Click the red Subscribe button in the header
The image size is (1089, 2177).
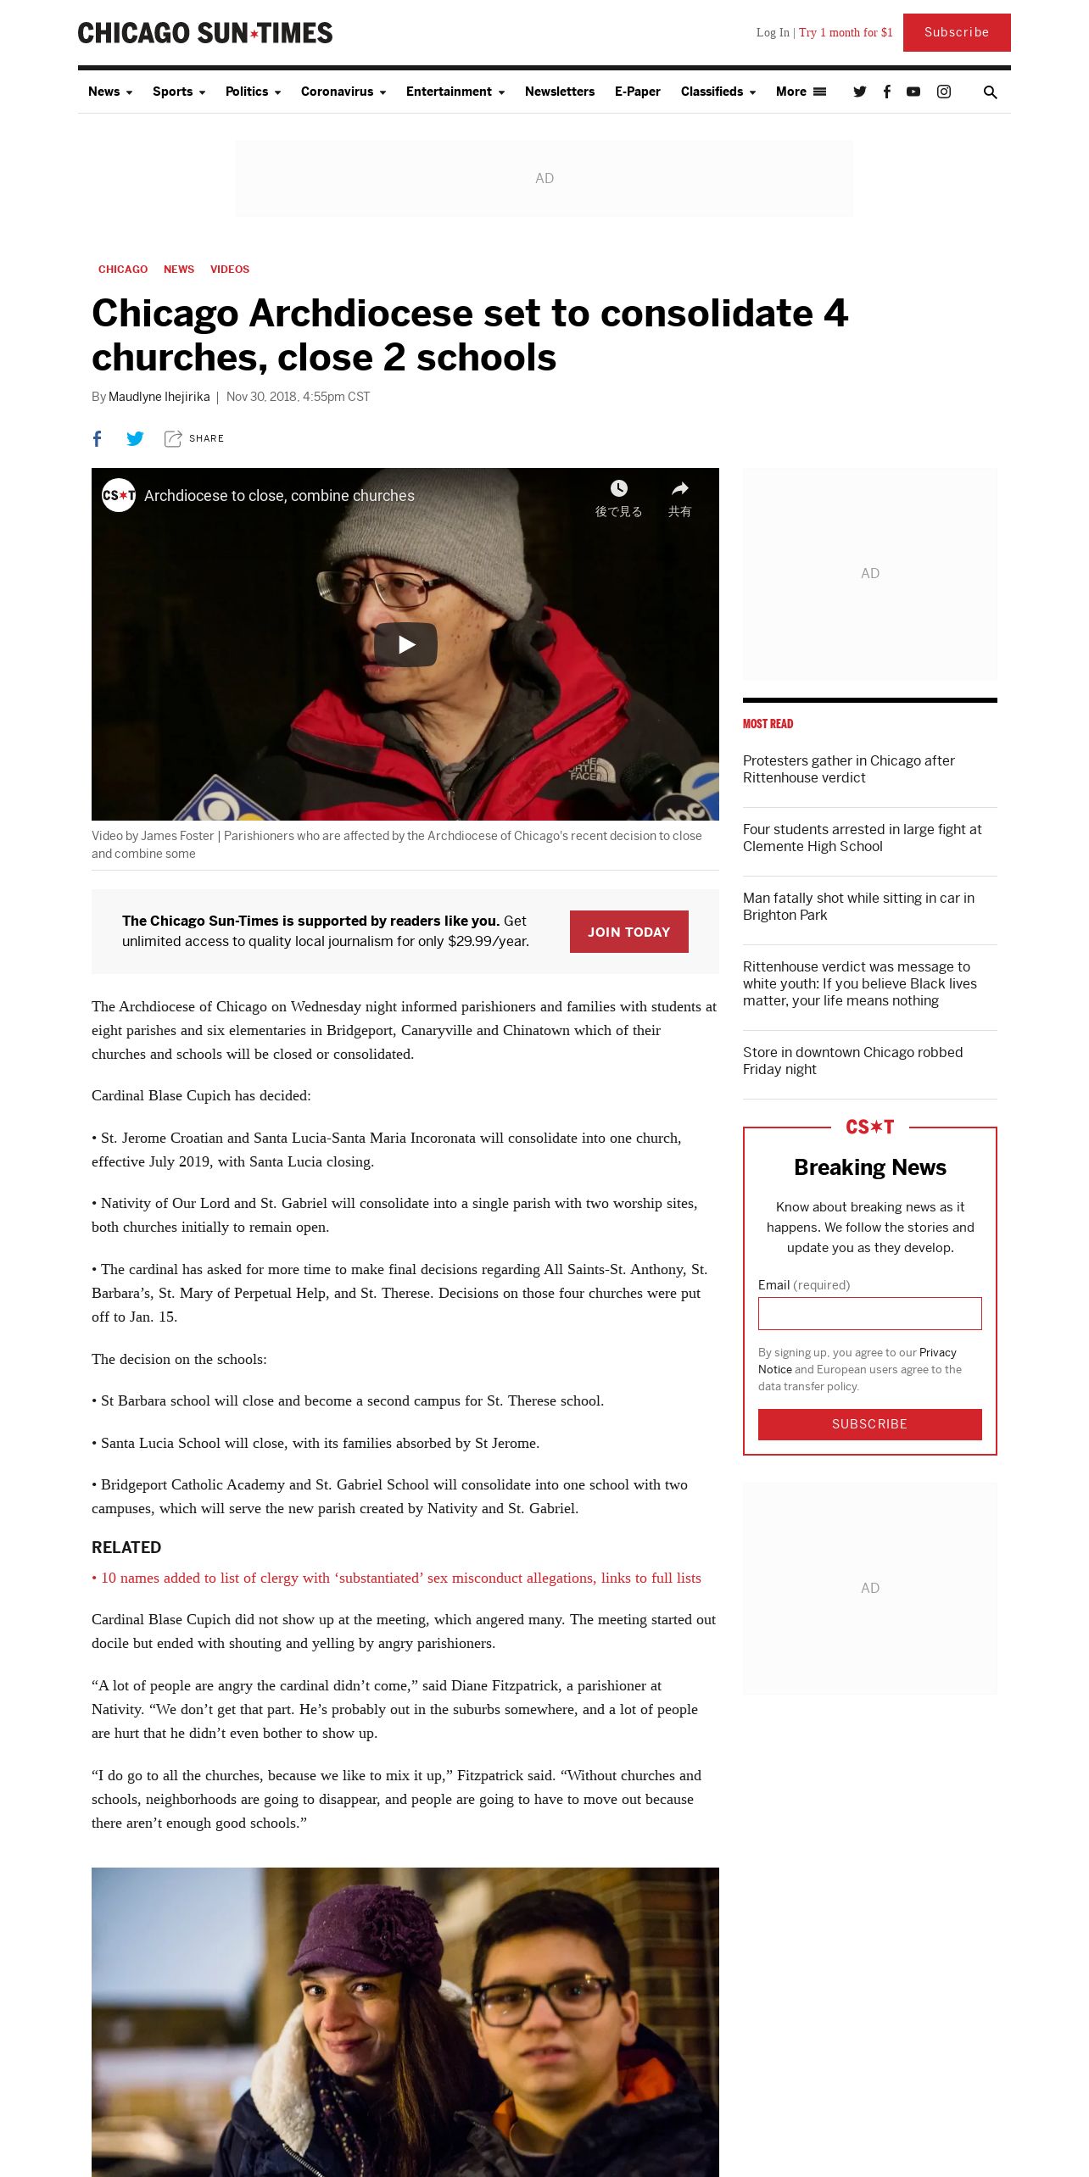pyautogui.click(x=956, y=32)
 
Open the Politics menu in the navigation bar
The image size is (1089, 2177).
pyautogui.click(x=252, y=92)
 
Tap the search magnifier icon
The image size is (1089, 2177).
pyautogui.click(x=990, y=92)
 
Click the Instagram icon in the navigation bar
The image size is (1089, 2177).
pyautogui.click(x=943, y=92)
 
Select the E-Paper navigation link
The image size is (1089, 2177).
pyautogui.click(x=637, y=92)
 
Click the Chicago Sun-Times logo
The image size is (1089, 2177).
pyautogui.click(x=205, y=33)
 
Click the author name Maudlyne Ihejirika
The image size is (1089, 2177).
pyautogui.click(x=159, y=397)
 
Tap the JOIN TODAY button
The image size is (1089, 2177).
pyautogui.click(x=628, y=932)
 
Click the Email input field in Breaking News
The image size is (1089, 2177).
pyautogui.click(x=869, y=1313)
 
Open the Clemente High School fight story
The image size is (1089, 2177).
pyautogui.click(x=862, y=838)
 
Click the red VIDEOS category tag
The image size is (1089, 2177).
pyautogui.click(x=230, y=270)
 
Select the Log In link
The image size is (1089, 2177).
pyautogui.click(x=772, y=32)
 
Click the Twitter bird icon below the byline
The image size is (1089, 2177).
pyautogui.click(x=135, y=438)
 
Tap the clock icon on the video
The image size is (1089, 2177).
pyautogui.click(x=619, y=488)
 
